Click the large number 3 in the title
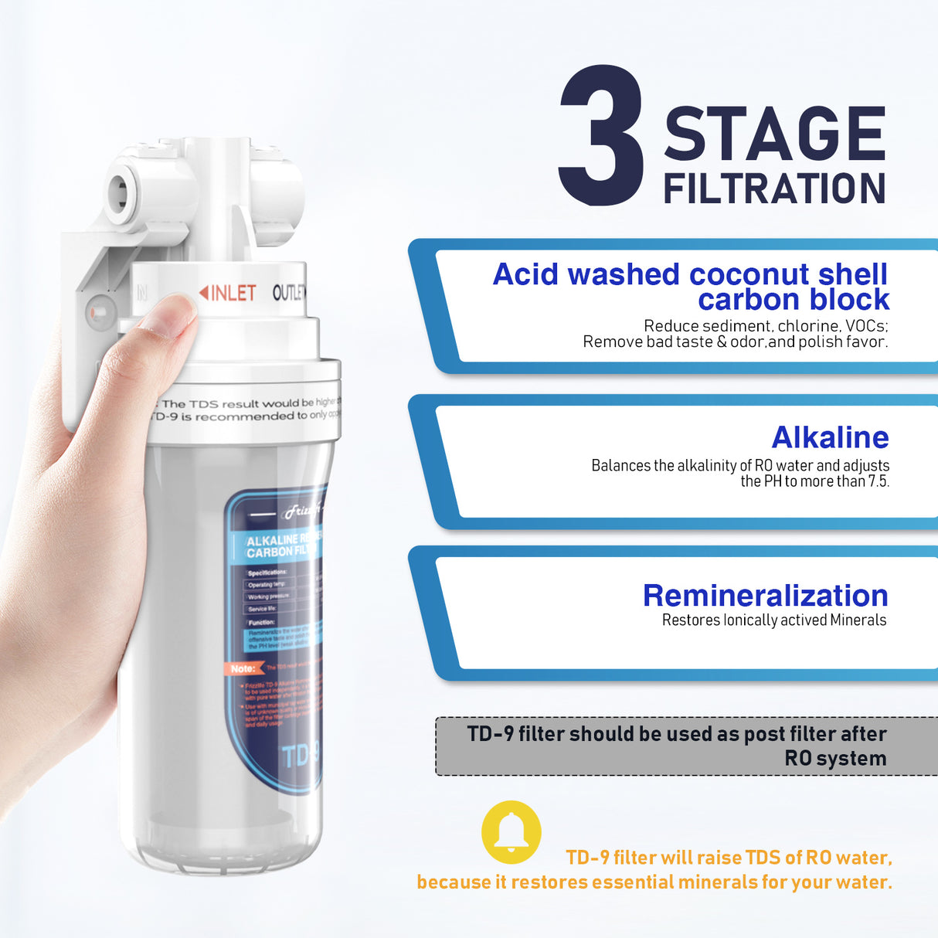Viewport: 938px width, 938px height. [601, 137]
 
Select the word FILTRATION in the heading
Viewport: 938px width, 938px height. [774, 189]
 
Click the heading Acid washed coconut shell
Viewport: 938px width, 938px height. [690, 274]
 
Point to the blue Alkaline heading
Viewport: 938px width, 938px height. [830, 437]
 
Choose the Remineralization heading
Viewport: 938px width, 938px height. [765, 596]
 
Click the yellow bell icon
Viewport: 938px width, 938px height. [511, 832]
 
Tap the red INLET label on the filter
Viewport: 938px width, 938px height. [228, 293]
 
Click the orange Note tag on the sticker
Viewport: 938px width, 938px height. [244, 668]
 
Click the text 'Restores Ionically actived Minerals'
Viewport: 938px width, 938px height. [773, 620]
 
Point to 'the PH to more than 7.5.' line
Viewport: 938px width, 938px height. [814, 481]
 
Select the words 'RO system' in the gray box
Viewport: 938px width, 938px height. [835, 759]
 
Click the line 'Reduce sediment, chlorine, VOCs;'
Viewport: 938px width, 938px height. [766, 326]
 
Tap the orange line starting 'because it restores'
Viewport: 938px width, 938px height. [654, 882]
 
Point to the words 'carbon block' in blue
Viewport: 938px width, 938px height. [794, 300]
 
